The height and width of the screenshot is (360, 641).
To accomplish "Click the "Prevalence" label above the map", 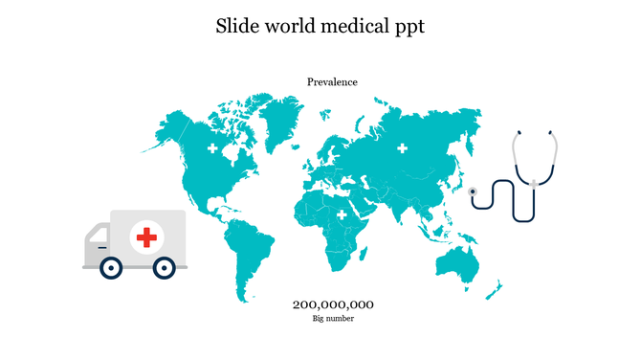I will [x=332, y=82].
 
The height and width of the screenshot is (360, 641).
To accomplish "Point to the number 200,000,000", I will [x=333, y=304].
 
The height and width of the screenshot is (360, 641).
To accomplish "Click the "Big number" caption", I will [x=333, y=319].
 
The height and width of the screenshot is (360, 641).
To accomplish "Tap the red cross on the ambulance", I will [x=146, y=236].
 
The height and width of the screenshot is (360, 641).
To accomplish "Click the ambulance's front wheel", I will [x=111, y=268].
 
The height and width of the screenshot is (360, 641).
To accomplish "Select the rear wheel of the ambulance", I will [x=165, y=268].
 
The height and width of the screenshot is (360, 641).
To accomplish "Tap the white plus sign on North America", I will [x=211, y=149].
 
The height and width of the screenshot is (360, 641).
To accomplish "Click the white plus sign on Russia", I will [x=403, y=147].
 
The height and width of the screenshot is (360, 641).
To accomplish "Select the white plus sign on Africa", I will [x=342, y=216].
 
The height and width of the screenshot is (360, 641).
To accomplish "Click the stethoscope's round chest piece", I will [x=473, y=191].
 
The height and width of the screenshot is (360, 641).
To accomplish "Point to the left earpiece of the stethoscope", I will [x=519, y=132].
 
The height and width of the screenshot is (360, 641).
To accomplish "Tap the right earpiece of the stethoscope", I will [x=548, y=132].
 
